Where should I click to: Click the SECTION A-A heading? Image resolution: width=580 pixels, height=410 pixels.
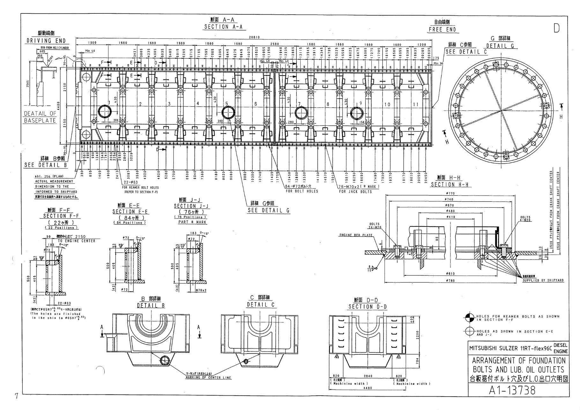coord(223,27)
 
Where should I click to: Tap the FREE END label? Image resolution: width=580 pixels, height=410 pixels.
coord(442,29)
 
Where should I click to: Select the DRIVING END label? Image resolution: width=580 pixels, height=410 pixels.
coord(46,41)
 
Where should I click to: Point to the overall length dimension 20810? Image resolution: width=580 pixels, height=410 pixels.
coord(254,37)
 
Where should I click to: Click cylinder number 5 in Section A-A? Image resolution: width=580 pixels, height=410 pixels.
coord(227,104)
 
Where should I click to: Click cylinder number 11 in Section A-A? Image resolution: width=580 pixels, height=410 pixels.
coord(415,104)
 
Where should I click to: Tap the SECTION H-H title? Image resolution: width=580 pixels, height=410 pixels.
coord(450,184)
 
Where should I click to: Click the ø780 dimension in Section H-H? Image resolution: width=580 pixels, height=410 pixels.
coord(450,281)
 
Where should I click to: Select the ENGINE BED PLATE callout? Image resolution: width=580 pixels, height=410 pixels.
coord(355,235)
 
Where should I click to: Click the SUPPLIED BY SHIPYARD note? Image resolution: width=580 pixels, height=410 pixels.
coord(543,280)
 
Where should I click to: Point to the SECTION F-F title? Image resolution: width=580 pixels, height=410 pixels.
coord(61,216)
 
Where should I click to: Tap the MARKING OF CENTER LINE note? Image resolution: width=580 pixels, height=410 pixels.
coord(209,377)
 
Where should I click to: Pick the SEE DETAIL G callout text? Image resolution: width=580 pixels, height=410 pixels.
coord(269,211)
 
